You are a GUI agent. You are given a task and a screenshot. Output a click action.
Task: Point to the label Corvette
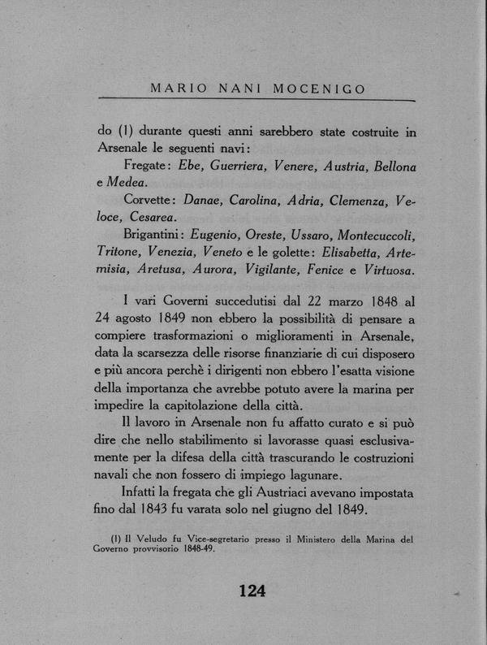coord(151,200)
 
